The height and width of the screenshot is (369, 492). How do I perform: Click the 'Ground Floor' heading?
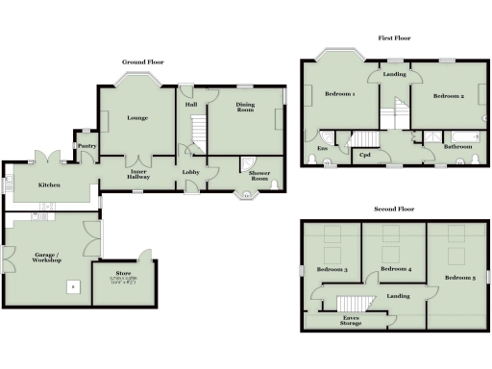[x=142, y=62]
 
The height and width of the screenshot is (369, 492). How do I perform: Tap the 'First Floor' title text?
[x=394, y=39]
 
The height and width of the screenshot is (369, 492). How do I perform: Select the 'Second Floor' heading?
[x=394, y=209]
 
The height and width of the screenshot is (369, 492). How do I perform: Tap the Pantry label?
[x=86, y=146]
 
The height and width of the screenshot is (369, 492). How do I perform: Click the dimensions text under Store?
[x=122, y=281]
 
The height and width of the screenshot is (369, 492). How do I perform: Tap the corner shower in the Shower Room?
[x=247, y=164]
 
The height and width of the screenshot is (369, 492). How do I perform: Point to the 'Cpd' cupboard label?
[x=365, y=155]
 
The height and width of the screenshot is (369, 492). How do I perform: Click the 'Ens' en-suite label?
[x=320, y=149]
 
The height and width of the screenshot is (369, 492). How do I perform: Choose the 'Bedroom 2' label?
[x=448, y=96]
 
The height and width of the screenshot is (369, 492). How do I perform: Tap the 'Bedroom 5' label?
[x=459, y=279]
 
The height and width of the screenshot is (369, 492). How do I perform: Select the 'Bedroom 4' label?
[x=395, y=270]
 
